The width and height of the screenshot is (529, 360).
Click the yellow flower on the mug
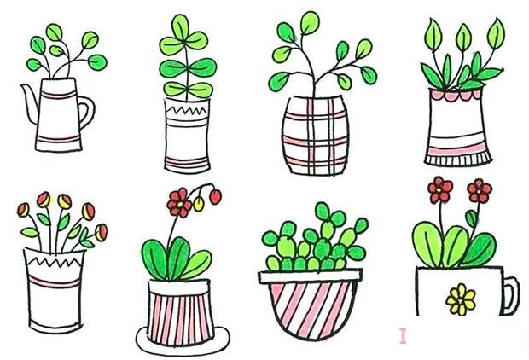(x=462, y=298)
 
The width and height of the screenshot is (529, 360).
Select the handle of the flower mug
(x=509, y=293)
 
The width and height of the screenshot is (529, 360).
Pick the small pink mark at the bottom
(x=404, y=334)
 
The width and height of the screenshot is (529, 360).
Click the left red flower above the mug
(x=439, y=189)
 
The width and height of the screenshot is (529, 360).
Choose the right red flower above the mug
(x=479, y=189)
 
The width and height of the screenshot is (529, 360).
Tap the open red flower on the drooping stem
(x=179, y=202)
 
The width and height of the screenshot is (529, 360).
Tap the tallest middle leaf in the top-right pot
(x=463, y=38)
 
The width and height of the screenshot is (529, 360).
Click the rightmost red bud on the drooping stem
(x=215, y=196)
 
